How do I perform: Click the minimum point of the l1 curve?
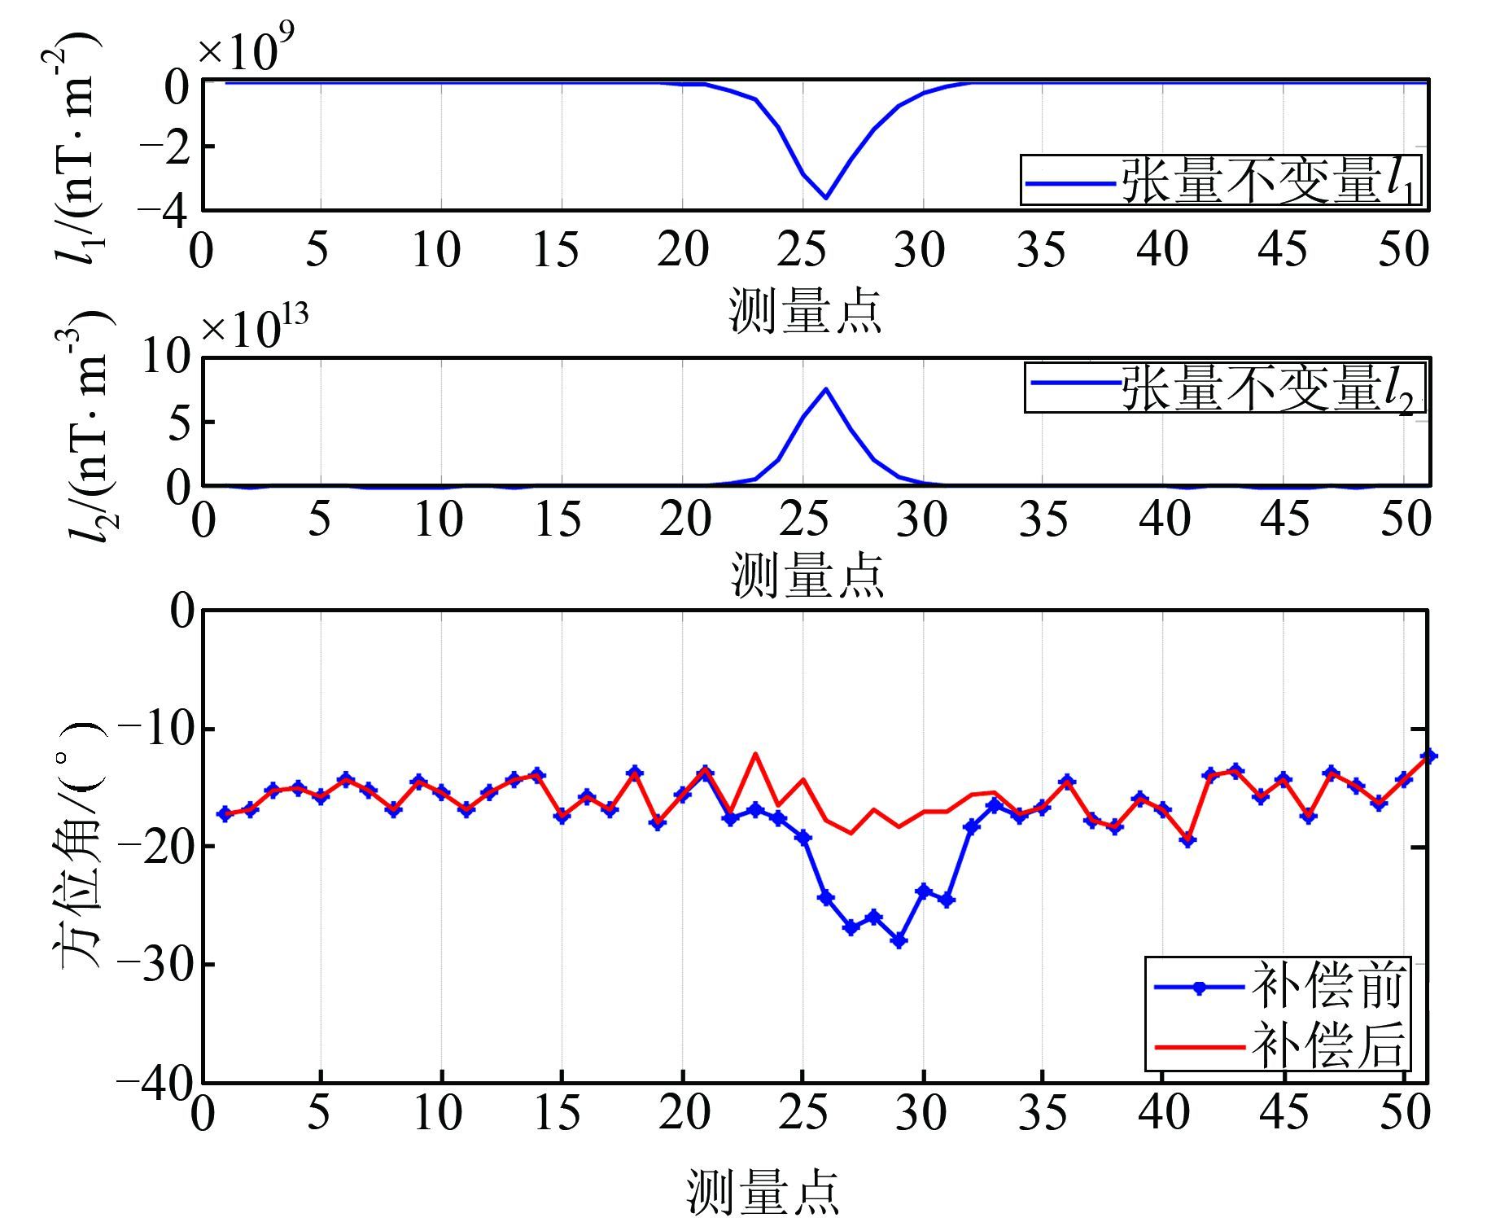(826, 197)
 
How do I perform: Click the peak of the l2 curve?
(826, 389)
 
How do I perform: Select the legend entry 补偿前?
(1327, 987)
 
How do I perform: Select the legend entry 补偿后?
(1327, 1045)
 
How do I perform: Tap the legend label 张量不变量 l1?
(1270, 180)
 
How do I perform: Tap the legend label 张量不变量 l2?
(1270, 388)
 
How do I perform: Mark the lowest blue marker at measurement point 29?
(899, 940)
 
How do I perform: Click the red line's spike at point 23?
(755, 754)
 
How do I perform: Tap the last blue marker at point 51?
(1428, 756)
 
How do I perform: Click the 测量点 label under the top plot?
(805, 310)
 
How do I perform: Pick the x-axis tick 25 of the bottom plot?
(803, 1113)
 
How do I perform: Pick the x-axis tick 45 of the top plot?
(1283, 250)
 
